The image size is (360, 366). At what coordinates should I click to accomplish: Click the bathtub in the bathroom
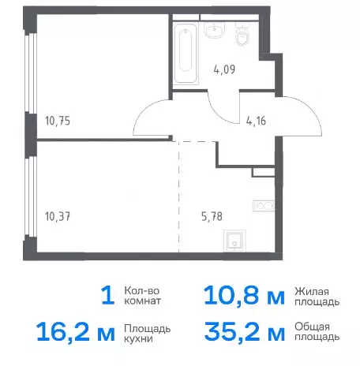(186, 54)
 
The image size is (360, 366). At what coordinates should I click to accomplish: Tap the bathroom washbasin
(215, 30)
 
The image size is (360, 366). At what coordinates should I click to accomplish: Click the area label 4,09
(224, 70)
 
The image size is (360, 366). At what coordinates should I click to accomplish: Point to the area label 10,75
(58, 121)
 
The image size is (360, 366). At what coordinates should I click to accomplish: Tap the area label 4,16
(256, 121)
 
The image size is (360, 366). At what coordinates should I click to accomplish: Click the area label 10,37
(58, 217)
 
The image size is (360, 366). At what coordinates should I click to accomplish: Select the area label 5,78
(212, 217)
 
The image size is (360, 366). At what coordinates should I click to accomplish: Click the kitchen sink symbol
(234, 241)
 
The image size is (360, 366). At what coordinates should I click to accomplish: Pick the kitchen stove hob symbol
(263, 206)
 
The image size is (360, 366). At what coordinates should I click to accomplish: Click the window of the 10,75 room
(31, 73)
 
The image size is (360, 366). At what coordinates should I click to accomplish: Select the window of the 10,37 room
(31, 196)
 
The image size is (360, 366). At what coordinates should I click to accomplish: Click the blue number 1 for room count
(108, 296)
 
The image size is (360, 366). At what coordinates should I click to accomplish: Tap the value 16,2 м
(76, 332)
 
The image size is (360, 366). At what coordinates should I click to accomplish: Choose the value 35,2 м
(245, 332)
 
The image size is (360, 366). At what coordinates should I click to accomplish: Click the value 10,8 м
(245, 296)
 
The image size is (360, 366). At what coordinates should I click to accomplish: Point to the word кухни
(138, 338)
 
